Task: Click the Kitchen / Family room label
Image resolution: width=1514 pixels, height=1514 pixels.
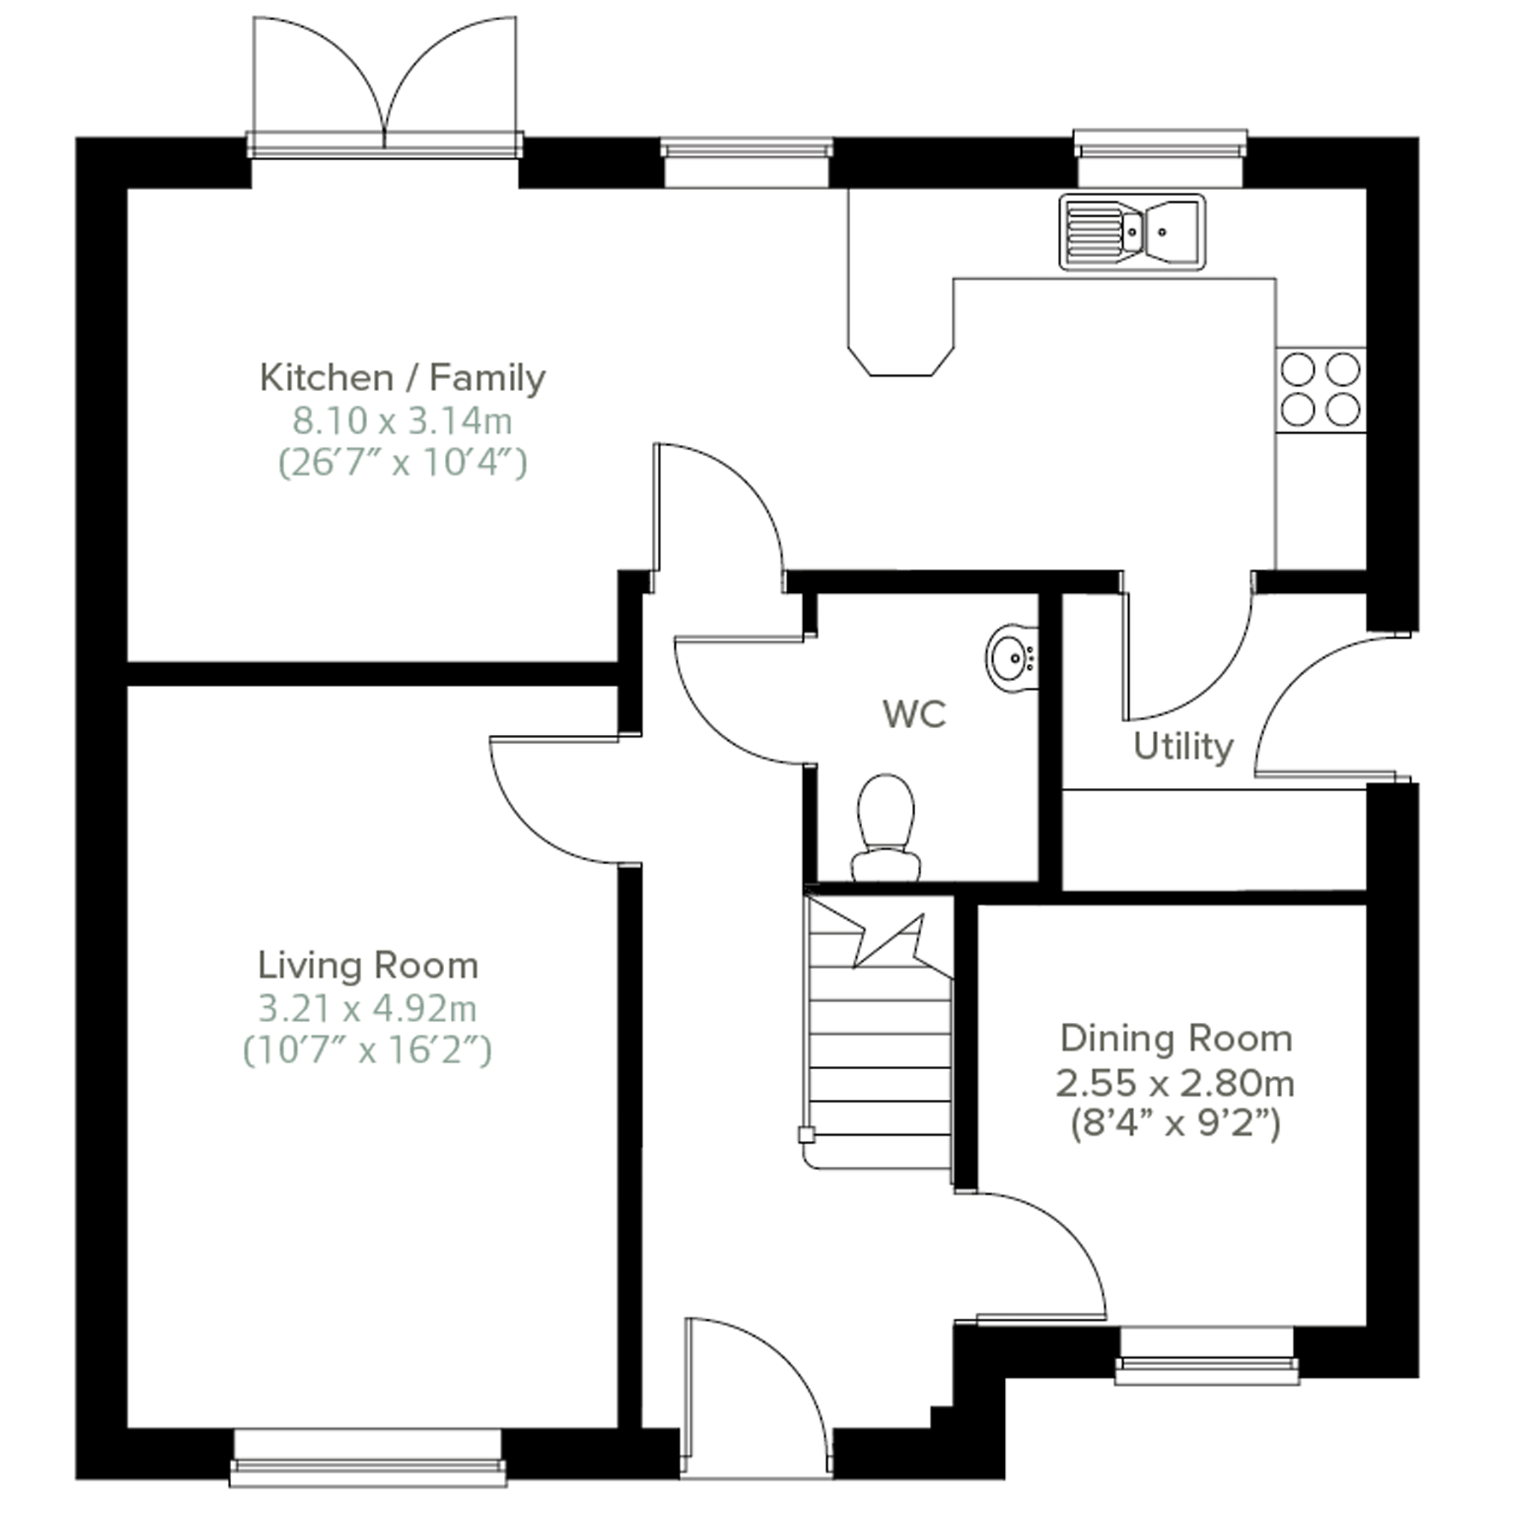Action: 402,378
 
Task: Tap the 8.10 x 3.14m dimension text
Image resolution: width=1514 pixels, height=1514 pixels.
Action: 402,422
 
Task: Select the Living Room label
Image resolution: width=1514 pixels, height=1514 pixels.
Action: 368,965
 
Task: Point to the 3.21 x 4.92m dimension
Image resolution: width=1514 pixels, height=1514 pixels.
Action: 368,1009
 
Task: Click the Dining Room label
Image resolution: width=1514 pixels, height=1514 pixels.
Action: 1175,1039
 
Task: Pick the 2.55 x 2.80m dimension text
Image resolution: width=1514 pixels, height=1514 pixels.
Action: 1175,1084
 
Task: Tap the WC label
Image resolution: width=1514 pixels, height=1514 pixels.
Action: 914,713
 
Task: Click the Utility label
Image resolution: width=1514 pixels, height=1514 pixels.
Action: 1184,747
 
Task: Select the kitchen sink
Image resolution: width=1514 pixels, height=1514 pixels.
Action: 1132,232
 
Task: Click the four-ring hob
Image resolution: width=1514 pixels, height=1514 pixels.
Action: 1320,390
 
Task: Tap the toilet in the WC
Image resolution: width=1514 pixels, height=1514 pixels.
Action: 885,828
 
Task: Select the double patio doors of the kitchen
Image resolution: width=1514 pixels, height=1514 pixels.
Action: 384,86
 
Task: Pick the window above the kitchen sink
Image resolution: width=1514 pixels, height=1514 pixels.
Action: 1160,159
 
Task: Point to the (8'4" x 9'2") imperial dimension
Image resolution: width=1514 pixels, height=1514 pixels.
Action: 1175,1125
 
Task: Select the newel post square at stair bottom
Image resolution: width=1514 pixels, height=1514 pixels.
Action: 805,1134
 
